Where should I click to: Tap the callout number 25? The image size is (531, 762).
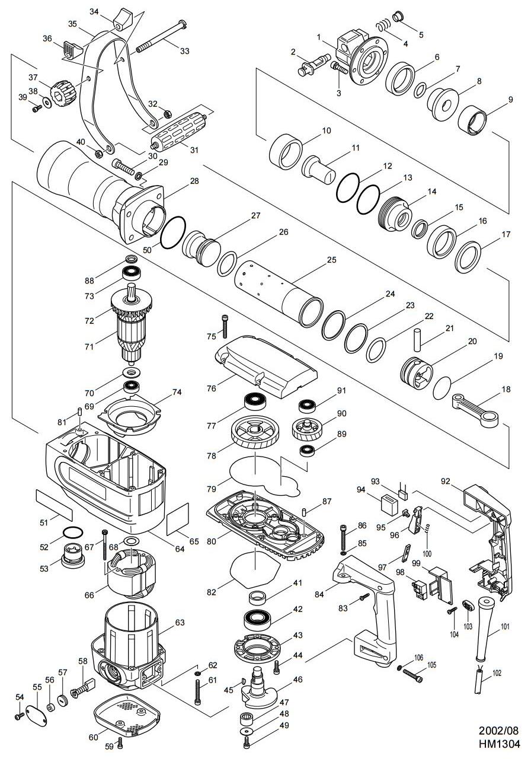(332, 260)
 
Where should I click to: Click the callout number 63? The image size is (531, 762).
(180, 623)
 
